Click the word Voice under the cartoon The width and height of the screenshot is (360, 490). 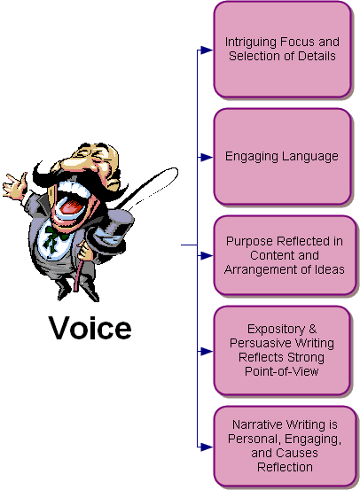click(90, 328)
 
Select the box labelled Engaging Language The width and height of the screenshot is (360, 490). click(283, 157)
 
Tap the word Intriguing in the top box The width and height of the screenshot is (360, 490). click(251, 43)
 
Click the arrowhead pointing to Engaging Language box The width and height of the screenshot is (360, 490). click(206, 157)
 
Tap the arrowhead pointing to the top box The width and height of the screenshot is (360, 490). click(206, 50)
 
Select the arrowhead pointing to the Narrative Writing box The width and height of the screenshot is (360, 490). click(206, 447)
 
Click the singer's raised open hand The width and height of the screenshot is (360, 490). click(15, 185)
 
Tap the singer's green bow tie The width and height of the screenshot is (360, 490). click(54, 238)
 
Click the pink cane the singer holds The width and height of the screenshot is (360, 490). click(78, 275)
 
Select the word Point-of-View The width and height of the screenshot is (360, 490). click(281, 371)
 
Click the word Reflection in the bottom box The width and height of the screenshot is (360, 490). click(285, 467)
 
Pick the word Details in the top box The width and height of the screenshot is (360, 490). click(317, 56)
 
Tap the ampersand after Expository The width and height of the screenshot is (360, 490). click(312, 329)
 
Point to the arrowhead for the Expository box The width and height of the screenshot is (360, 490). click(206, 352)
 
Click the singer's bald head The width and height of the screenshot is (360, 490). click(99, 156)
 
